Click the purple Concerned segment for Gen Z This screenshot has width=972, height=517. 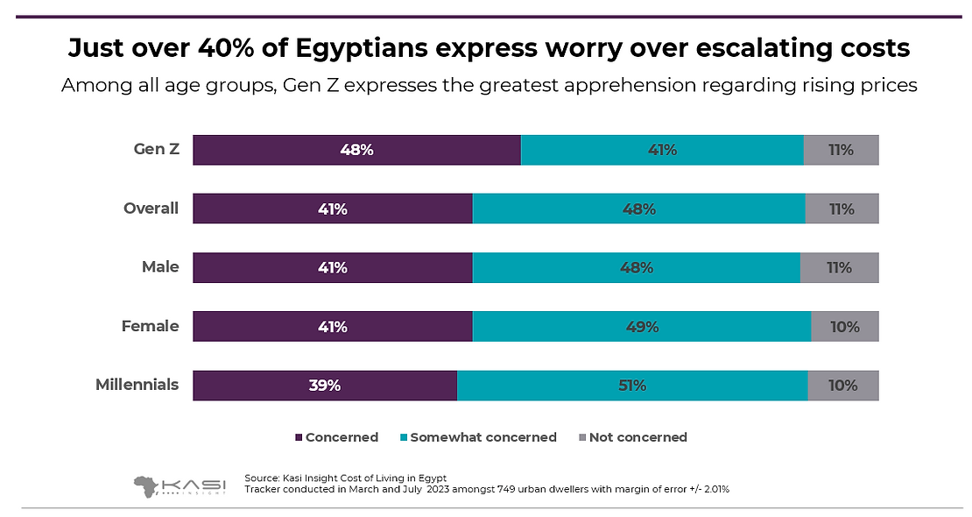coord(356,150)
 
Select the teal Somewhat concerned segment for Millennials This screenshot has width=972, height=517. coord(631,385)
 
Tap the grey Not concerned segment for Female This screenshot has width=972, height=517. coord(844,326)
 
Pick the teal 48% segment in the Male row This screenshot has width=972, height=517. coord(636,267)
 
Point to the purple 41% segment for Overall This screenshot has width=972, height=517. coord(332,209)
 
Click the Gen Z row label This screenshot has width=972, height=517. coord(156,150)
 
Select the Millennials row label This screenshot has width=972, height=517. coord(137,385)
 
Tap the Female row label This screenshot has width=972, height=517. coord(150,326)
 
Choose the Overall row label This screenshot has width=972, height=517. coord(151,209)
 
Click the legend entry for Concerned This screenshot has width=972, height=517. coord(336,437)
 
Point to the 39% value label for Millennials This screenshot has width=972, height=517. coord(324,385)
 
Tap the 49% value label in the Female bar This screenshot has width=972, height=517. coord(641,326)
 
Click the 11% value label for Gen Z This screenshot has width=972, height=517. coord(841,150)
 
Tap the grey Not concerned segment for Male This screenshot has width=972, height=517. coord(839,267)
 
